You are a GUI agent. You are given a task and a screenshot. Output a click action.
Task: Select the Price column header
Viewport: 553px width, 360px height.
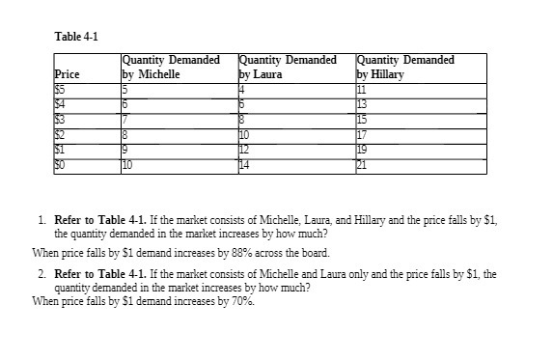(x=67, y=72)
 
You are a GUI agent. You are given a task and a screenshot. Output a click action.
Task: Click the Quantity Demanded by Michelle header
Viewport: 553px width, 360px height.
(x=171, y=66)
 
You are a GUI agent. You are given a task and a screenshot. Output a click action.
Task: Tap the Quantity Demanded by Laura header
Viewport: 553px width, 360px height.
(x=287, y=66)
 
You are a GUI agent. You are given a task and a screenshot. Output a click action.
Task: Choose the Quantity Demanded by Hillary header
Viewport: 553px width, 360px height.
(x=405, y=66)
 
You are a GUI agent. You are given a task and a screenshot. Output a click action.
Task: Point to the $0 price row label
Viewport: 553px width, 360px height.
(x=61, y=166)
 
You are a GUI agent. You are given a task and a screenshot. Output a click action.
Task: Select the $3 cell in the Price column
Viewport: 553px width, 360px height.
(x=61, y=118)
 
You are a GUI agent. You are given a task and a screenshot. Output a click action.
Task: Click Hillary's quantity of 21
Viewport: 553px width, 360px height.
(x=363, y=166)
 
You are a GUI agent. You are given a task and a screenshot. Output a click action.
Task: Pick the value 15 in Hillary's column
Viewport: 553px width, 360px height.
(x=363, y=118)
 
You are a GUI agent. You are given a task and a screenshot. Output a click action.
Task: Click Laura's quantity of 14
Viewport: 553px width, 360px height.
(x=244, y=166)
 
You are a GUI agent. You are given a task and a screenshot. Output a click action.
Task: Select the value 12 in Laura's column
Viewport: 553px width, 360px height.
(x=244, y=151)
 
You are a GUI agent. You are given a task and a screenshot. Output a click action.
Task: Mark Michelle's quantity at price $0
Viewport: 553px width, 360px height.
(x=127, y=166)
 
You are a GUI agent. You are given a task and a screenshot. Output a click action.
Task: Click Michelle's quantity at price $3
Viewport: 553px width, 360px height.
(x=124, y=118)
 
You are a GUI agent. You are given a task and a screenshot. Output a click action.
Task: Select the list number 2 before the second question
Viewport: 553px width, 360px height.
(x=43, y=274)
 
